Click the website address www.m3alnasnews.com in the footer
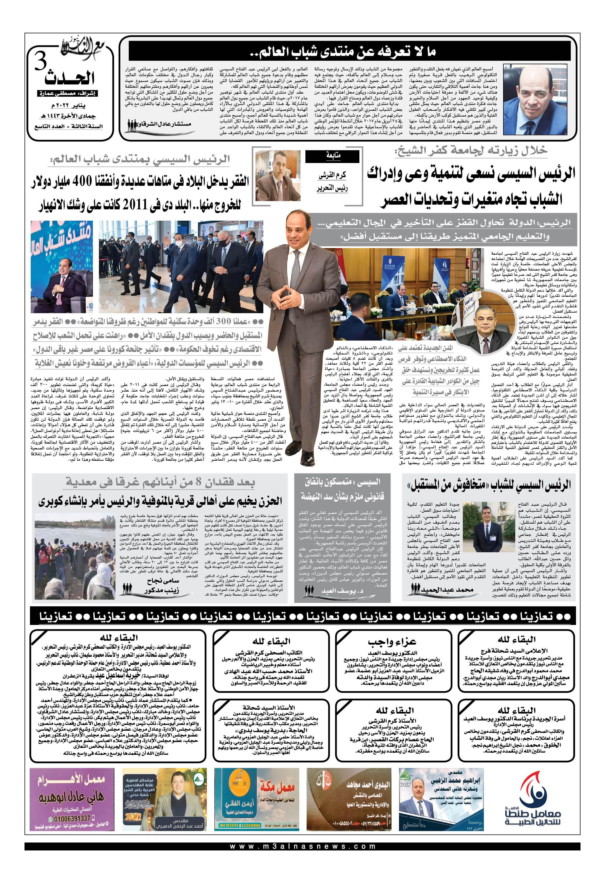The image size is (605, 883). point(302,857)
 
